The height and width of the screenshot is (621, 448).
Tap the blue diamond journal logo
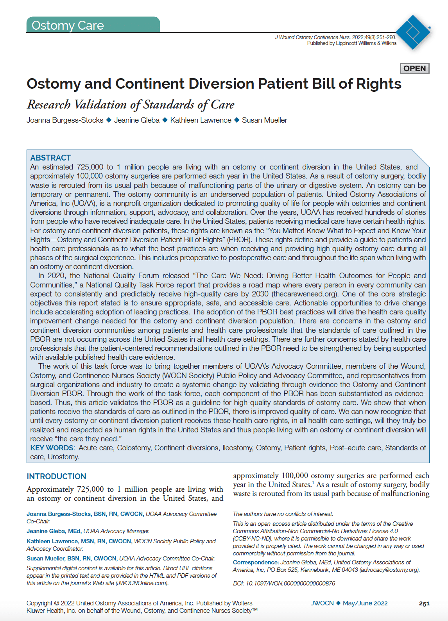coord(413,32)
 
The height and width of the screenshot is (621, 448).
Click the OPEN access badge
coord(414,68)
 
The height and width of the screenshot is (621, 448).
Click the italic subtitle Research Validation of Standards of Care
coord(131,105)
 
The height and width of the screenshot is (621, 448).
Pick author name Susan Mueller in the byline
coord(264,120)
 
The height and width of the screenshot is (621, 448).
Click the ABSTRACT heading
coord(50,158)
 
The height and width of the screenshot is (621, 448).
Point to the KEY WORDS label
coord(52,448)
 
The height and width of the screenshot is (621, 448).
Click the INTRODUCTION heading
coord(56,476)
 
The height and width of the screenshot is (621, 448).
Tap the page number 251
coord(424,603)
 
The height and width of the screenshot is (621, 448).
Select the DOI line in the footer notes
coord(284,584)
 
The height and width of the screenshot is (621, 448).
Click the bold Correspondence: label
coord(256,562)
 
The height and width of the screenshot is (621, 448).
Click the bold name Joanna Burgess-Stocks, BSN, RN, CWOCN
coord(85,514)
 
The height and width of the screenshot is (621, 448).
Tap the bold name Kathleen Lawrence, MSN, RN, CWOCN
coord(79,541)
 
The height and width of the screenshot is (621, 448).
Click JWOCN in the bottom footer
coord(322,603)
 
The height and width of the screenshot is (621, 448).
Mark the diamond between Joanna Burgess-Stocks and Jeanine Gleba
coord(109,120)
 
